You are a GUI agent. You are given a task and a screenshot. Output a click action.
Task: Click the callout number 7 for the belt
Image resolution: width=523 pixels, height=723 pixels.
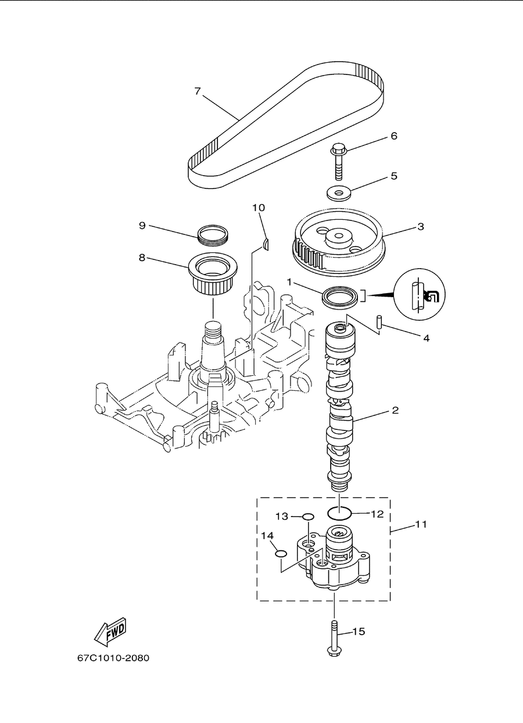click(198, 91)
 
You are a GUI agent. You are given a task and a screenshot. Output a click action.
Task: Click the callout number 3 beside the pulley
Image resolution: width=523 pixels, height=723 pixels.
click(421, 227)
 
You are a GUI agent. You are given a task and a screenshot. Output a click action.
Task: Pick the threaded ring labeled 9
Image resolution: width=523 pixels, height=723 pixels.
click(213, 234)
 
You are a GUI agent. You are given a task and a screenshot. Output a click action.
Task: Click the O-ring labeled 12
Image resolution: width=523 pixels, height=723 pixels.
click(339, 513)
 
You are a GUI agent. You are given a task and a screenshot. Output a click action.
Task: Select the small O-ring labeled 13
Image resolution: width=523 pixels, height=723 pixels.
click(308, 517)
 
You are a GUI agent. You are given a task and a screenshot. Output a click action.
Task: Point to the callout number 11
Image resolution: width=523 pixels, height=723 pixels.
click(421, 524)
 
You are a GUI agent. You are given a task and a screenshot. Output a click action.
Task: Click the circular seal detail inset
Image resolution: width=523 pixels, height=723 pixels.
click(420, 295)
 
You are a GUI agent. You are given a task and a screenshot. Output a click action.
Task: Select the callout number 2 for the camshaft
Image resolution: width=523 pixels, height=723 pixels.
click(395, 411)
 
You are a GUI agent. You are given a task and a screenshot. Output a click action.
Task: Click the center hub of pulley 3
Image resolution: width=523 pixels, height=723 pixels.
click(339, 239)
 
